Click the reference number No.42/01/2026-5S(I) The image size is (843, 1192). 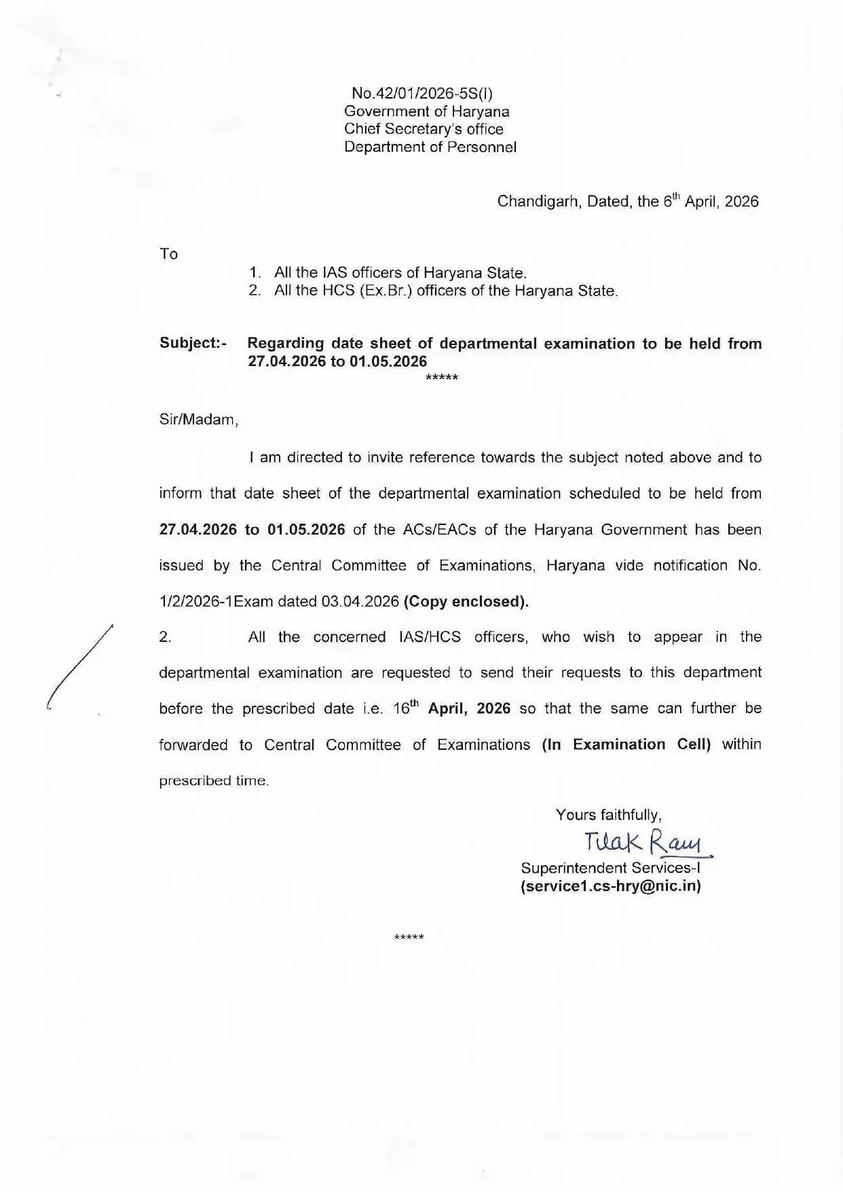pos(426,94)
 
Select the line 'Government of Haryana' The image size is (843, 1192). pos(426,111)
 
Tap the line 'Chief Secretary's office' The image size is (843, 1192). pos(424,129)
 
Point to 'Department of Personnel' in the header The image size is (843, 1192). pos(430,147)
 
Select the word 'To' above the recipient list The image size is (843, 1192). pos(168,254)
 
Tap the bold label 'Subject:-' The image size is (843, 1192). pos(193,343)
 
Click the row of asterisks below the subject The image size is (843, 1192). pos(441,378)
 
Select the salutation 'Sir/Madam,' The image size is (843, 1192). pos(199,420)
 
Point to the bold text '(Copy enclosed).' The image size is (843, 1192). pos(466,601)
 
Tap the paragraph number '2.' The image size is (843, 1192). pos(165,637)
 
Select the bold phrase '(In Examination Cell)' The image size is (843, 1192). pos(626,744)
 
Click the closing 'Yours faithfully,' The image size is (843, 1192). pos(608,815)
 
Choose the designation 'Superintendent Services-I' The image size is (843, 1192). pos(610,868)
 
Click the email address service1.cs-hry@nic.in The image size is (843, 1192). pos(610,886)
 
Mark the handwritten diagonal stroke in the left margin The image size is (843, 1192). pos(79,666)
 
